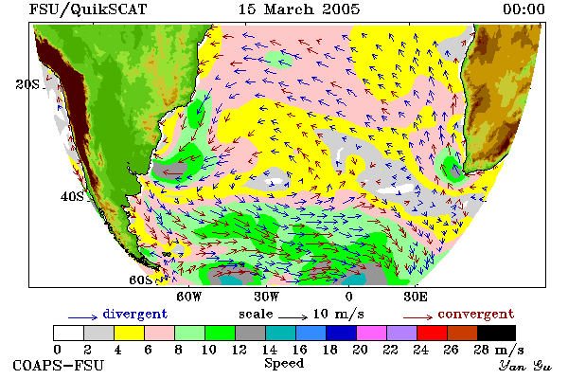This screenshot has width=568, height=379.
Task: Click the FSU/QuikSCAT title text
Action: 88,9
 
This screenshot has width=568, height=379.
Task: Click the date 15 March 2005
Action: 299,9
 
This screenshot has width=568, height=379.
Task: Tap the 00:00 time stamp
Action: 524,9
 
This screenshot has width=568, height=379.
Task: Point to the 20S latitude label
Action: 27,84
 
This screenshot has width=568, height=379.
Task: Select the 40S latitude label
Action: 72,196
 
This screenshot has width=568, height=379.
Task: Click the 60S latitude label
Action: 141,280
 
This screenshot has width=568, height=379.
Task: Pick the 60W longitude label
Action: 189,297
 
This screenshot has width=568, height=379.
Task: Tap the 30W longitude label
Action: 267,297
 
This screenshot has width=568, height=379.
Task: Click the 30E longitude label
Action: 416,297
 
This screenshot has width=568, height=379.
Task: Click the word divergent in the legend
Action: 135,314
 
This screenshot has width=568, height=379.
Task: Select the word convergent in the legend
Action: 476,314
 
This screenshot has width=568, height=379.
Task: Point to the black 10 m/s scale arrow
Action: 293,317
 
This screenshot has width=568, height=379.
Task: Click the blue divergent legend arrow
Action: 82,317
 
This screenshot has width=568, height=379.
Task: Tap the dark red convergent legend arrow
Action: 417,317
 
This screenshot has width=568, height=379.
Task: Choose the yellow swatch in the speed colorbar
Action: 130,333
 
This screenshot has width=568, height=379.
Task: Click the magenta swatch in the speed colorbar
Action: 372,333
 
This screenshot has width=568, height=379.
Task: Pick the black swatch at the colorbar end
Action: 497,333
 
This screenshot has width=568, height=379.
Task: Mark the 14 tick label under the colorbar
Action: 269,350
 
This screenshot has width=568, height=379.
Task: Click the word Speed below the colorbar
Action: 284,364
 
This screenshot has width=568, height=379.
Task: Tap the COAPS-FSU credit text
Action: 59,365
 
